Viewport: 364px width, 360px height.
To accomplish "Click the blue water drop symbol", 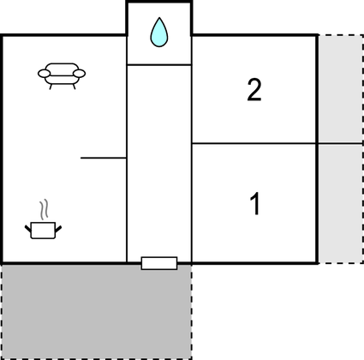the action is (x=159, y=33).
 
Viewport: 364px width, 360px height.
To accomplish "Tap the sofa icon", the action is (x=62, y=75).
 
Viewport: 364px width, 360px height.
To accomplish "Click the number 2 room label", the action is (x=254, y=90).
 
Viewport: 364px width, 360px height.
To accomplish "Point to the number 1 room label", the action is (x=255, y=204).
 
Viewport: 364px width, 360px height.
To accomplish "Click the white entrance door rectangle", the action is (x=159, y=263).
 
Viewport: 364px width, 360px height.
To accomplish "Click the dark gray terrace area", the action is (x=97, y=311).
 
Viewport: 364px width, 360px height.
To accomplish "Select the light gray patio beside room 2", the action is (x=341, y=88).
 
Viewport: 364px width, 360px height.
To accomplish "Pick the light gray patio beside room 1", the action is (x=341, y=204).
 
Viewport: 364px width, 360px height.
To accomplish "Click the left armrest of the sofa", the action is (x=44, y=74).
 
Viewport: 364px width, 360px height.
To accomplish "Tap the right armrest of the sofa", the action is (x=80, y=74).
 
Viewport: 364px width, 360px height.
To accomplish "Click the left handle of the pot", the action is (x=28, y=229).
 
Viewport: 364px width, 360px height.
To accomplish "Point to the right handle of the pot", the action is (x=58, y=229).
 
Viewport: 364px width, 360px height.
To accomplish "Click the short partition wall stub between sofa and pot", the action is (x=104, y=158).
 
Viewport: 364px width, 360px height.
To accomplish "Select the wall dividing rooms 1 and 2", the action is (x=254, y=143).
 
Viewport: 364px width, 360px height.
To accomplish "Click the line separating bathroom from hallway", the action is (x=159, y=65).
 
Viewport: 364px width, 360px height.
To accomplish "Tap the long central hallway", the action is (x=159, y=161).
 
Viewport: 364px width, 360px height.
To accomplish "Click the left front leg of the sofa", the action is (x=51, y=87).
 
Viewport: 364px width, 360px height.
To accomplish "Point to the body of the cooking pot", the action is (x=43, y=231).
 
